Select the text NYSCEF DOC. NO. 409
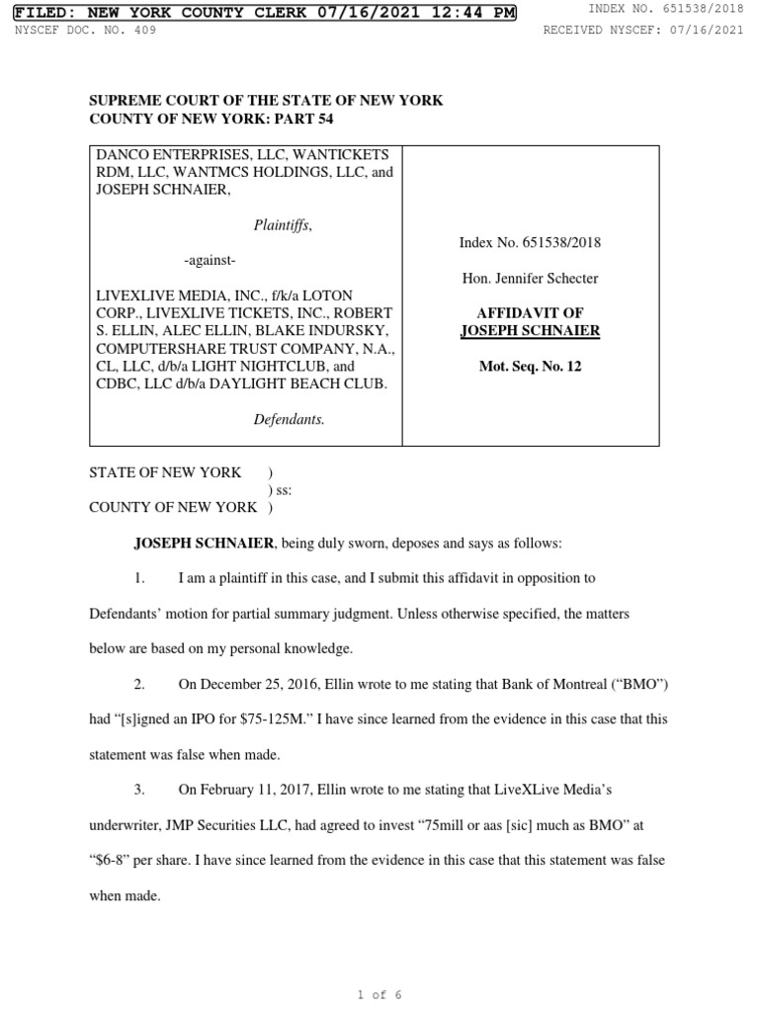(85, 30)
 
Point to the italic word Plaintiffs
(283, 225)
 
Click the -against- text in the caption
(210, 260)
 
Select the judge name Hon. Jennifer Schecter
(530, 278)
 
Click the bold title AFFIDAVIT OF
(530, 313)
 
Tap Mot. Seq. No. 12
(530, 367)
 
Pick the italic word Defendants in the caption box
(289, 419)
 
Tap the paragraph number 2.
(140, 683)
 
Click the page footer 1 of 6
(379, 994)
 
